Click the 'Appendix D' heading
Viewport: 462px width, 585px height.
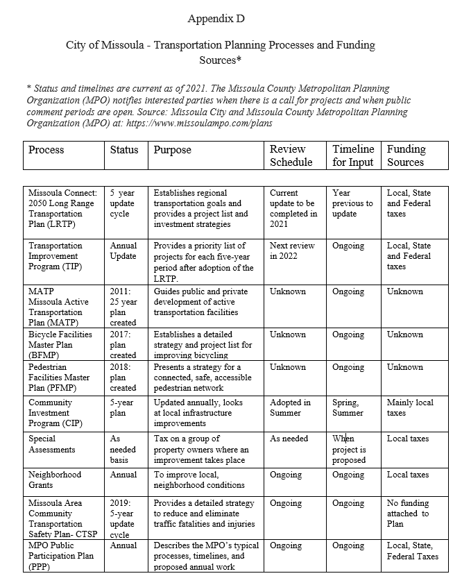tap(216, 18)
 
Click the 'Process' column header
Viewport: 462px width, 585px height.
tap(46, 150)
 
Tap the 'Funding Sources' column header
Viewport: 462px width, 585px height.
tap(406, 156)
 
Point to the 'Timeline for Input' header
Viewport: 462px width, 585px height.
tap(352, 156)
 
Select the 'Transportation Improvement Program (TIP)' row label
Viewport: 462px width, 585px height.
tap(55, 256)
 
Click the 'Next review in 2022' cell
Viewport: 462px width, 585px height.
tap(292, 251)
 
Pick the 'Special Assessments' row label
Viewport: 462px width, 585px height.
tap(52, 444)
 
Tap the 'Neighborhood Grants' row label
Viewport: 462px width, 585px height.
tap(55, 480)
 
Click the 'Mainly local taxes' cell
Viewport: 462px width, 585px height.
tap(410, 407)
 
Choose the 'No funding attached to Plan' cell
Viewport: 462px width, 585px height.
tap(408, 514)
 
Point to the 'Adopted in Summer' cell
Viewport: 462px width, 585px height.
tap(290, 407)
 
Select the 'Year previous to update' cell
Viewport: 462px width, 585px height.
tap(352, 203)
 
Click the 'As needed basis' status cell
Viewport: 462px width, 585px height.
tap(123, 450)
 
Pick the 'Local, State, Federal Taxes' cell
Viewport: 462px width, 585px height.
tap(412, 551)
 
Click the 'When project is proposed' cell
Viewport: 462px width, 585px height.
tap(348, 450)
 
